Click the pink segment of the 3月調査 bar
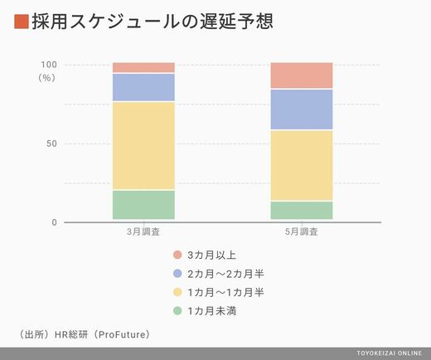click(x=143, y=67)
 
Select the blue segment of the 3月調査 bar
click(x=143, y=87)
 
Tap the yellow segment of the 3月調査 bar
click(x=143, y=146)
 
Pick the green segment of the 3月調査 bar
click(x=143, y=205)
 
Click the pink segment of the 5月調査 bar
click(x=302, y=75)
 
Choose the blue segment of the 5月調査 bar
click(x=302, y=109)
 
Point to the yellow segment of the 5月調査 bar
click(x=302, y=165)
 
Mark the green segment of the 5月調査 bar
click(x=302, y=211)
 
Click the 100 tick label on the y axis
click(x=49, y=65)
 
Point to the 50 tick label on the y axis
click(x=51, y=144)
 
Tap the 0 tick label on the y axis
click(x=54, y=222)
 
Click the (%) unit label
click(x=46, y=78)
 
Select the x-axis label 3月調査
click(x=143, y=231)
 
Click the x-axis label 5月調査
click(x=302, y=231)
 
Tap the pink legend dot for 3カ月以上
click(x=177, y=255)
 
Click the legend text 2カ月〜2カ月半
click(x=225, y=274)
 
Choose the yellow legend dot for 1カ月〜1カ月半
click(x=177, y=292)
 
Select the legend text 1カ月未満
click(x=212, y=311)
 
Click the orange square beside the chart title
click(x=22, y=22)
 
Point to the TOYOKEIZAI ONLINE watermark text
click(x=390, y=353)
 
